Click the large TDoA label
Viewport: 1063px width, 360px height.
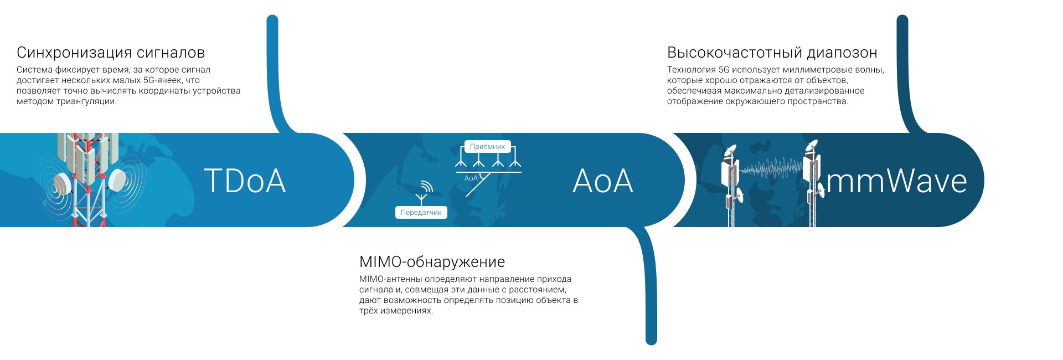[x=245, y=181]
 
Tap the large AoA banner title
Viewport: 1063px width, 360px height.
[x=603, y=181]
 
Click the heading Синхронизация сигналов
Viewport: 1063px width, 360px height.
[x=111, y=53]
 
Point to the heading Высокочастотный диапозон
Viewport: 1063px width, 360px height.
[x=772, y=53]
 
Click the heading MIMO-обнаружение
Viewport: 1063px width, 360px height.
[x=432, y=262]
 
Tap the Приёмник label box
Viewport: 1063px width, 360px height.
[x=487, y=147]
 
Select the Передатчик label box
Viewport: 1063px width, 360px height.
[x=421, y=213]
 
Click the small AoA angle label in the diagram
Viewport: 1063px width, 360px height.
[x=471, y=178]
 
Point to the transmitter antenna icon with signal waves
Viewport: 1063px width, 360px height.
[x=424, y=192]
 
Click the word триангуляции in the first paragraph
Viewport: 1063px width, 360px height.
[x=86, y=102]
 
